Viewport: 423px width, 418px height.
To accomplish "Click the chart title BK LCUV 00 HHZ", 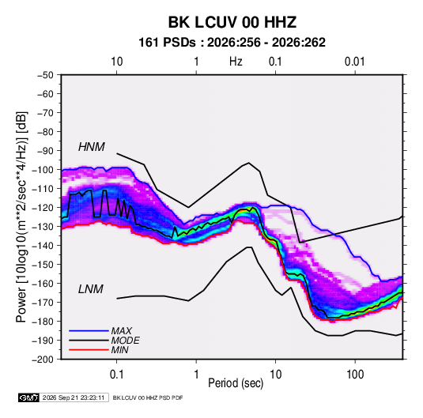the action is (x=232, y=22).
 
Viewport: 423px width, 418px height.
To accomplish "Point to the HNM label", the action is (x=92, y=147).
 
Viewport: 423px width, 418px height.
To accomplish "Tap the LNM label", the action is (x=91, y=289).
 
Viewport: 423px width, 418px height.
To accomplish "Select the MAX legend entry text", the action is (x=122, y=330).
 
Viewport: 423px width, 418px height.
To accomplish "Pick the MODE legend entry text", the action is (x=125, y=341).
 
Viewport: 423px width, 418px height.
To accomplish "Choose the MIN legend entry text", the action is (x=119, y=350).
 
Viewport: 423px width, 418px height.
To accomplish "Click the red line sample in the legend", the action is (x=89, y=350).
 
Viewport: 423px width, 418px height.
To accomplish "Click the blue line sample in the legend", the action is (x=89, y=330).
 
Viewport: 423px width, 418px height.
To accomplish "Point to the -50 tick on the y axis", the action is (x=45, y=75).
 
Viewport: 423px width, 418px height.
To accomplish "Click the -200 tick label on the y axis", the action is (x=43, y=360).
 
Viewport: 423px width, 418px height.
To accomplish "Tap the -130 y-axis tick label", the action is (x=43, y=227).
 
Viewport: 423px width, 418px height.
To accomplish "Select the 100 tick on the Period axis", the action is (x=355, y=375).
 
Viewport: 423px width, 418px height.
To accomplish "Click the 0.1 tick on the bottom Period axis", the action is (x=116, y=375).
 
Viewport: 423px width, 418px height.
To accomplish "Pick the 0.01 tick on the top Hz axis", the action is (x=354, y=62).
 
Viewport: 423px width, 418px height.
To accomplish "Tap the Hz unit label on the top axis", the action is (x=236, y=62).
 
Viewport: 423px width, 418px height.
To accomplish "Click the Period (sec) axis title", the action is (x=236, y=383).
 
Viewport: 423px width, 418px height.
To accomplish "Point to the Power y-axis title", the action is (x=21, y=217).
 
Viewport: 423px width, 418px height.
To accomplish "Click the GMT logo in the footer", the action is (x=28, y=397).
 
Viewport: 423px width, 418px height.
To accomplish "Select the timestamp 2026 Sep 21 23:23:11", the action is (x=74, y=397).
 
